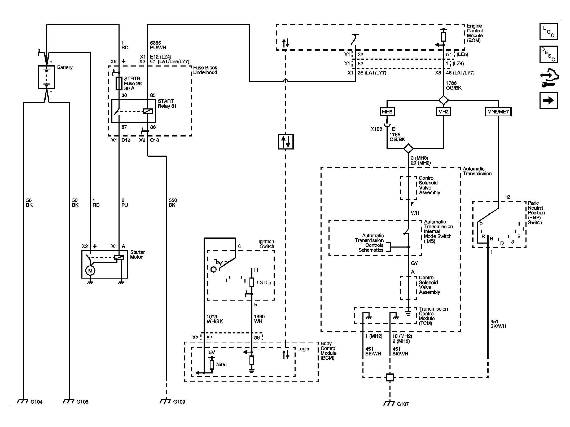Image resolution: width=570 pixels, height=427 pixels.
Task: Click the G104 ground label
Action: [36, 402]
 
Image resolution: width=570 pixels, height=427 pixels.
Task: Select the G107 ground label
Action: [403, 404]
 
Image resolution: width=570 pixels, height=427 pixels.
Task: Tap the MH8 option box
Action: [387, 112]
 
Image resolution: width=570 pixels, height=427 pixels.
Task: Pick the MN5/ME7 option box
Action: [498, 112]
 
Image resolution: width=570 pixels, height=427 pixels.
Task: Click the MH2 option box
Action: [443, 112]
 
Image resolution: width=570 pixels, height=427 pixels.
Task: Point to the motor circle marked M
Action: [90, 271]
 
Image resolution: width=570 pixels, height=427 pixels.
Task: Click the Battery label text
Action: [65, 68]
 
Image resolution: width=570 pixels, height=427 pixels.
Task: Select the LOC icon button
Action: [548, 32]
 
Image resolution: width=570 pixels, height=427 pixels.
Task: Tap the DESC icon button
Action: [548, 54]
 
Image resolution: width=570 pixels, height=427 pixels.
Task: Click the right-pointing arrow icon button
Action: [548, 100]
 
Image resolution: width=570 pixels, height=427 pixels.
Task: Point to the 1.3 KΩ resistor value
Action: [264, 283]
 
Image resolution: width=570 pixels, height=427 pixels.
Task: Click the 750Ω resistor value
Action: [221, 365]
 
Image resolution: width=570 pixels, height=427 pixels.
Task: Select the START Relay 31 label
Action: [167, 104]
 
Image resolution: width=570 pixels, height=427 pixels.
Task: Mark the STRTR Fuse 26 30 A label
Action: [133, 83]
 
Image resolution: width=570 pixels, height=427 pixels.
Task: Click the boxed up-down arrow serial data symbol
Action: [286, 142]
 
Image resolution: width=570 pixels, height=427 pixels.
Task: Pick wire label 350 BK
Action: [173, 203]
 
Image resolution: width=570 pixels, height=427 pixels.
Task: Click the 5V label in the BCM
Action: [212, 353]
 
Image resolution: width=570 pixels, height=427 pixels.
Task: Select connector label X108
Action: [376, 129]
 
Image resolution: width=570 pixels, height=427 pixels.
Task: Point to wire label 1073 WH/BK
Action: [214, 319]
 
